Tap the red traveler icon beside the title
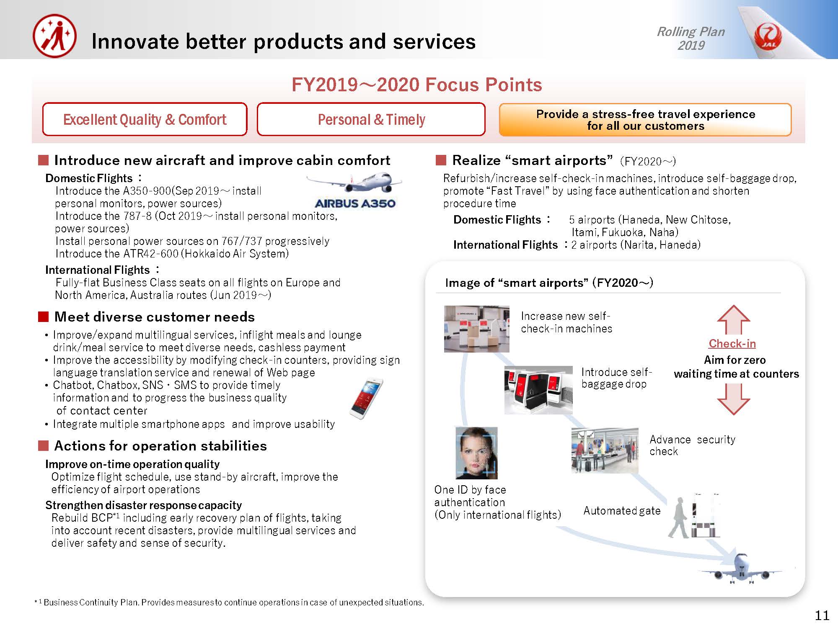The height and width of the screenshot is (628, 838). pyautogui.click(x=55, y=36)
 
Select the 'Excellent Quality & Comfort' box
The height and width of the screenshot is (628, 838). pyautogui.click(x=145, y=119)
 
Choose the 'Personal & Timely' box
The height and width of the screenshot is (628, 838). pyautogui.click(x=371, y=119)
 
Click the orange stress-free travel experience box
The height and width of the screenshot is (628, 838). pyautogui.click(x=645, y=120)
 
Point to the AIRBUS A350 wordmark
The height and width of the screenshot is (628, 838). pyautogui.click(x=355, y=203)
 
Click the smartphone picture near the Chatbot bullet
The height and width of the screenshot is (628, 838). pyautogui.click(x=366, y=399)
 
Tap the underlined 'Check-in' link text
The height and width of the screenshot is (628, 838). pyautogui.click(x=732, y=343)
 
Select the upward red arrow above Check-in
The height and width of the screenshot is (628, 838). pyautogui.click(x=734, y=319)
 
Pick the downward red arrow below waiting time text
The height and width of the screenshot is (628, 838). pyautogui.click(x=734, y=399)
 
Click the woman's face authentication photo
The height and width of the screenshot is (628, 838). pyautogui.click(x=476, y=453)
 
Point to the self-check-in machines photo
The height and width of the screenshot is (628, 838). pyautogui.click(x=477, y=329)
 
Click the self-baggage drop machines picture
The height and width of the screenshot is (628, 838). pyautogui.click(x=538, y=390)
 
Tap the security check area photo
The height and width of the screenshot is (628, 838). pyautogui.click(x=605, y=451)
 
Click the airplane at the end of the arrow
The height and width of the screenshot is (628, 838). pyautogui.click(x=740, y=569)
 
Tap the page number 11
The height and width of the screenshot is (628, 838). pyautogui.click(x=822, y=615)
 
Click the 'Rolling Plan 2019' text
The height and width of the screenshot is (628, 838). pyautogui.click(x=691, y=38)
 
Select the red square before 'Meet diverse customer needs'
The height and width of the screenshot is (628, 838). pyautogui.click(x=44, y=317)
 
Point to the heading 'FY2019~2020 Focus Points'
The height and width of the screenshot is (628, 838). pyautogui.click(x=417, y=85)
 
